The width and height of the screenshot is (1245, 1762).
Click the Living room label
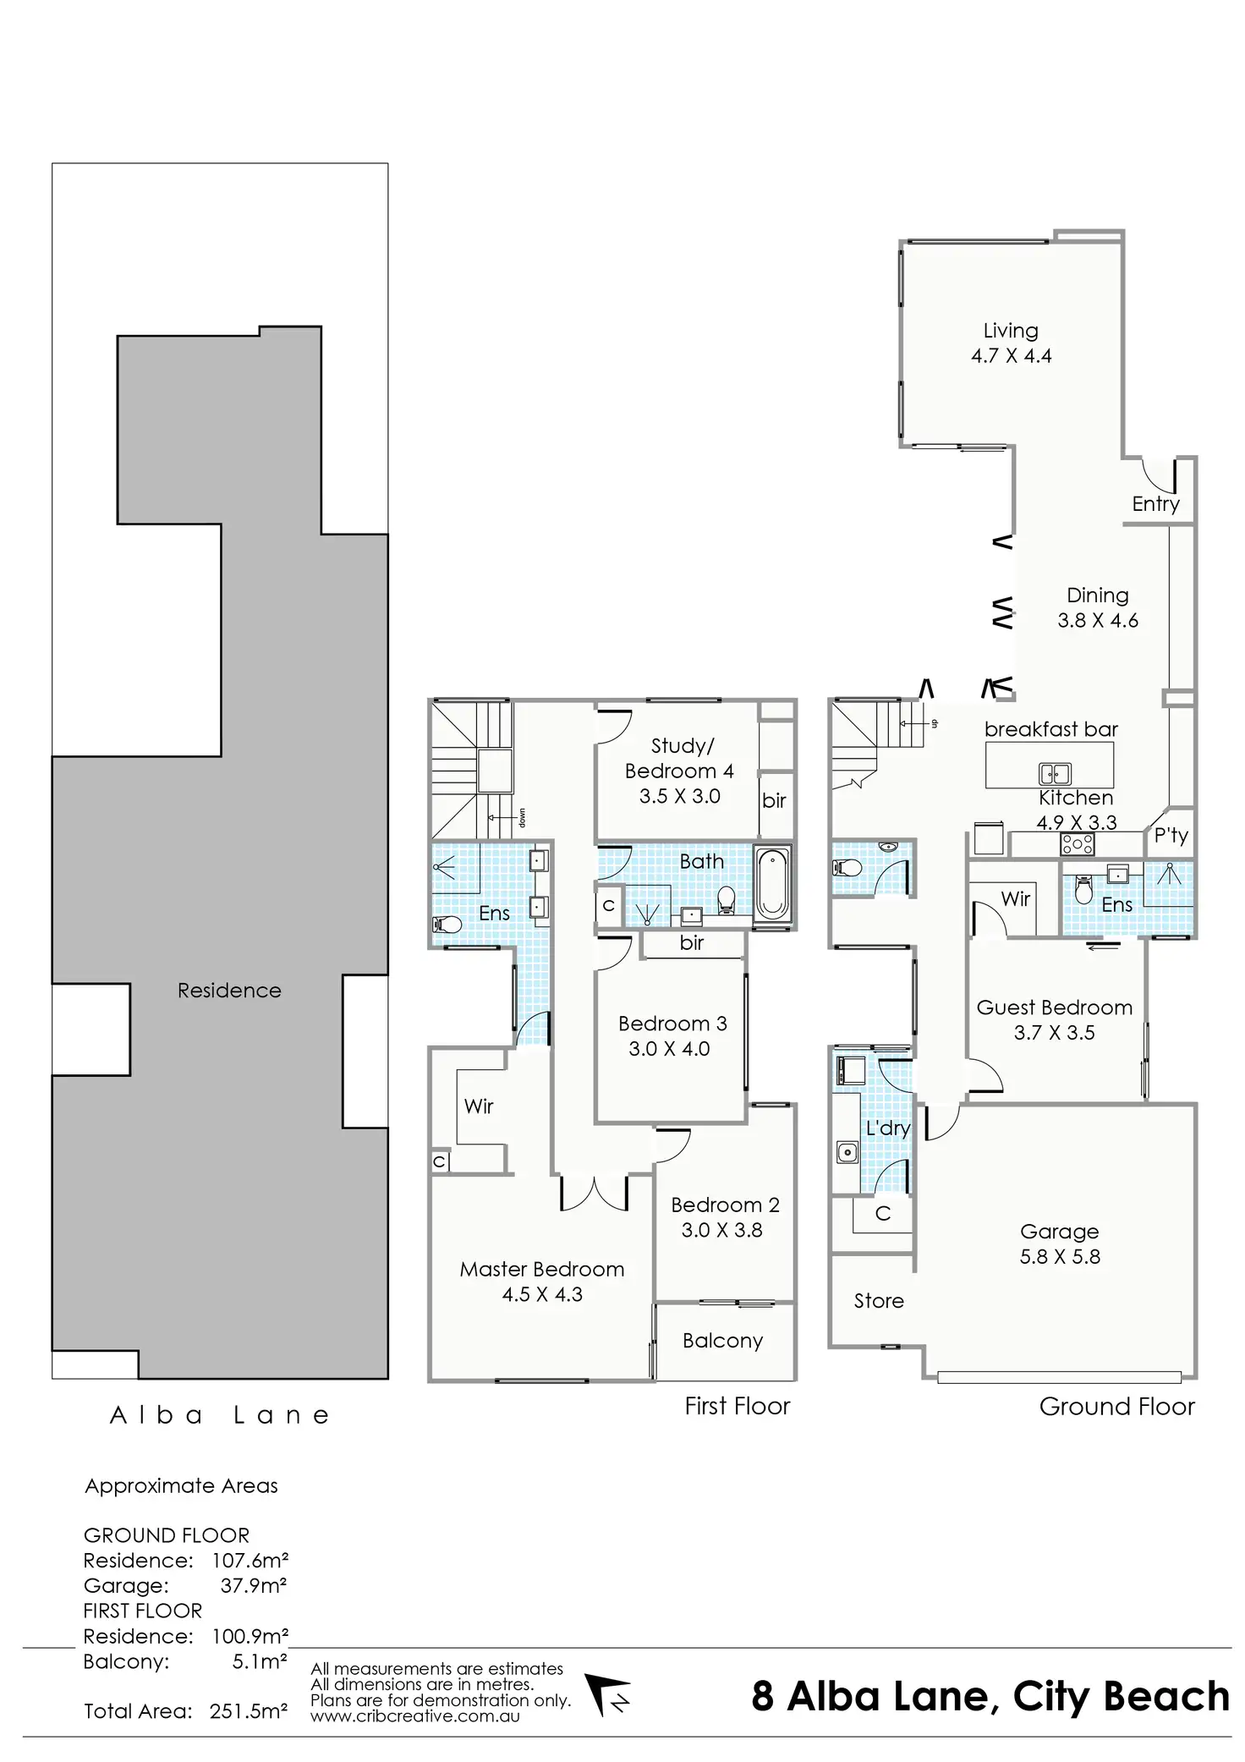(x=1010, y=331)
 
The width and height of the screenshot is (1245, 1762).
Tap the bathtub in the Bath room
(x=771, y=885)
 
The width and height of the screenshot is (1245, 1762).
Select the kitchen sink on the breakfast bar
(x=1055, y=773)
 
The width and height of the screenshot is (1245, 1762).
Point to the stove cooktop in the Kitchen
(x=1078, y=843)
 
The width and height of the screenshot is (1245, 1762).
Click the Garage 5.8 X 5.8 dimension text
(x=1059, y=1256)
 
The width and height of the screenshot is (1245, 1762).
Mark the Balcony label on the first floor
(x=722, y=1340)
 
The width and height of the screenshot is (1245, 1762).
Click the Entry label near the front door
(x=1155, y=504)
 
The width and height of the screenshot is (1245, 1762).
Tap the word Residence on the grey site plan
(x=229, y=991)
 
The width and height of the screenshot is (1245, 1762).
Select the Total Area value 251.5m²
(x=249, y=1711)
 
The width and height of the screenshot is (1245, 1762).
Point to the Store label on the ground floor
(x=878, y=1301)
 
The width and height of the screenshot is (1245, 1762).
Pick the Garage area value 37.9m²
(x=253, y=1585)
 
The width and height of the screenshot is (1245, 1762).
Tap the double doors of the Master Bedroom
(x=595, y=1193)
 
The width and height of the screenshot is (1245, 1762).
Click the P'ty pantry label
(x=1171, y=836)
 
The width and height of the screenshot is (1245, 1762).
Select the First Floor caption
(x=737, y=1406)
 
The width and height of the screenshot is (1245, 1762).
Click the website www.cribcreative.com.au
(x=414, y=1716)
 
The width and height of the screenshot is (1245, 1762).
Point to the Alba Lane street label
(x=220, y=1416)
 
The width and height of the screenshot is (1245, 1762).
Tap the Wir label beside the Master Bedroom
(x=478, y=1106)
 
